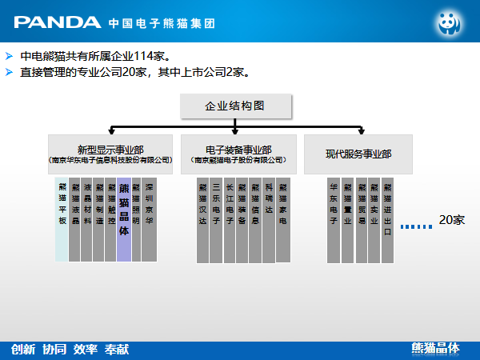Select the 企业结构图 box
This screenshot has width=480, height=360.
tap(235, 106)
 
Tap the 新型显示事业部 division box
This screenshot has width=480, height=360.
tap(110, 154)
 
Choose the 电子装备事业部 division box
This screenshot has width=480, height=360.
tap(238, 154)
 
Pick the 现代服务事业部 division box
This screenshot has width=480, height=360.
tap(358, 154)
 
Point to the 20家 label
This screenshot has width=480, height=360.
tap(451, 220)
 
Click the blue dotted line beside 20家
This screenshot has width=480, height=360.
tap(416, 226)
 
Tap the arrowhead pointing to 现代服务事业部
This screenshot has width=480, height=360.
tap(360, 130)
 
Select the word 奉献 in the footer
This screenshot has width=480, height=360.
tap(116, 349)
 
